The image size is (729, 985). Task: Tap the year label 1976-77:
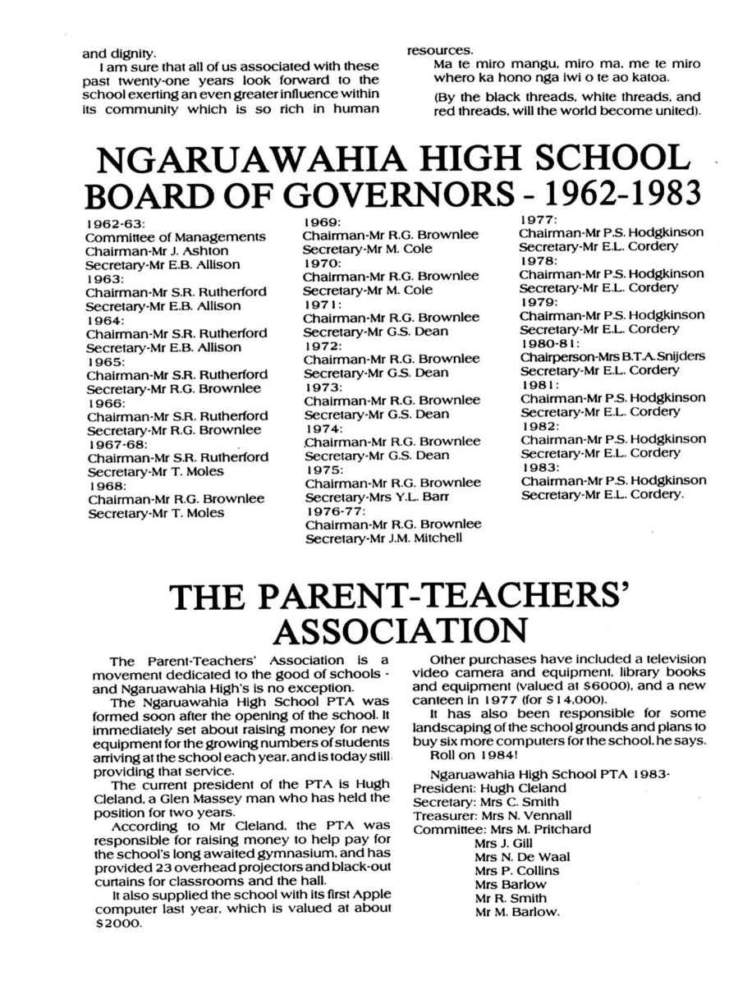[333, 511]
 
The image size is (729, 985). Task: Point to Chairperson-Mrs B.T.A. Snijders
[612, 356]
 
